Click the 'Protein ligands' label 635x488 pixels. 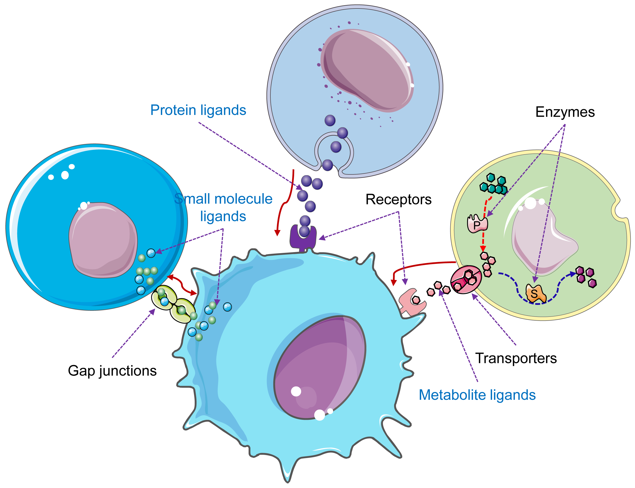[198, 110]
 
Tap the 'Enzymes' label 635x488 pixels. [565, 112]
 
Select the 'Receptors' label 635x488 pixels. [398, 199]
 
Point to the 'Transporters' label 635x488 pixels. [516, 358]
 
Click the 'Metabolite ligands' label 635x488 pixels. [477, 395]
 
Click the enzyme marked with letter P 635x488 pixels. [477, 223]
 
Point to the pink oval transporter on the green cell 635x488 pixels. [466, 279]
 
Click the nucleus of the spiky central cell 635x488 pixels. [320, 368]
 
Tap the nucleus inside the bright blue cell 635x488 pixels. [103, 240]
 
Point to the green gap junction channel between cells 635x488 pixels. [173, 304]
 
